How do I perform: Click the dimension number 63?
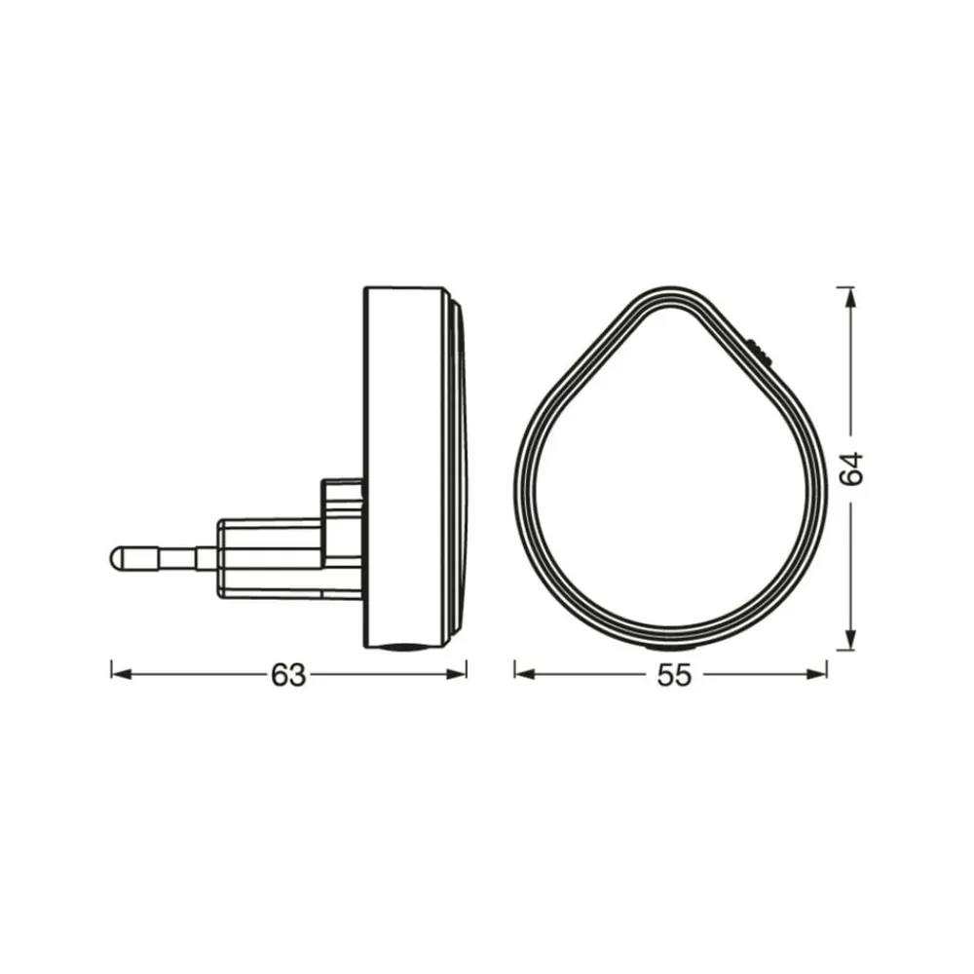click(288, 675)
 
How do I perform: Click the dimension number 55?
click(674, 675)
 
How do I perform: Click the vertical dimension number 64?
click(851, 468)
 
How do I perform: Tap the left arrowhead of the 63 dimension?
click(122, 674)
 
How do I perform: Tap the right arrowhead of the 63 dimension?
click(457, 674)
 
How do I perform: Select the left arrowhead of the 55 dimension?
click(525, 674)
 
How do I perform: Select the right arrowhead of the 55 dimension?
click(816, 674)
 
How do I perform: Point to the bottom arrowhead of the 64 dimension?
click(850, 639)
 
